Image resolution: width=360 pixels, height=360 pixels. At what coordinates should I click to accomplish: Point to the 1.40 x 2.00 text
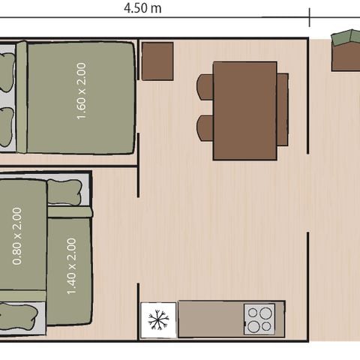pos(72,265)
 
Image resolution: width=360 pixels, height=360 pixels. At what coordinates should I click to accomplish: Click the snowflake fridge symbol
pos(158,320)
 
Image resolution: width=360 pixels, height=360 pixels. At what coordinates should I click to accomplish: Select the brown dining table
pos(244,110)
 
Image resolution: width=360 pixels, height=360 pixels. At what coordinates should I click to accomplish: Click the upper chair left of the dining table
pos(205,87)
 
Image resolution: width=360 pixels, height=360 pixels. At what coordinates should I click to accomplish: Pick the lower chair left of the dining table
pos(205,128)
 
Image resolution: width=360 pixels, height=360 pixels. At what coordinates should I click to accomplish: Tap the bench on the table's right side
pos(283,110)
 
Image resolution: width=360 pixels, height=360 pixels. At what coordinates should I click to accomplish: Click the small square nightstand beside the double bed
pos(157,61)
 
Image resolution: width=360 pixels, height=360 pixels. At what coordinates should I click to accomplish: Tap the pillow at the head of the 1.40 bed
pos(67,192)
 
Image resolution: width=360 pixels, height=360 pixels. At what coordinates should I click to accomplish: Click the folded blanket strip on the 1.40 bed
pos(70,212)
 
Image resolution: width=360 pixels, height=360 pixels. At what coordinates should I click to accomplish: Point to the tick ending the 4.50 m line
pos(309,17)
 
